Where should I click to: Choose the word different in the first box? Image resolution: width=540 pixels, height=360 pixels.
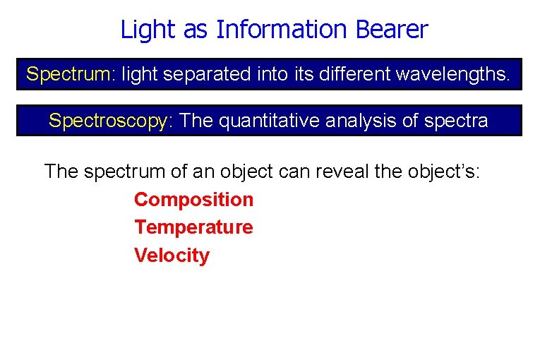click(x=354, y=74)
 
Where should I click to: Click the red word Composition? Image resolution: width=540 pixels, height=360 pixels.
click(x=193, y=200)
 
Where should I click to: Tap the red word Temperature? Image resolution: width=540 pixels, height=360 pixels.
click(x=193, y=227)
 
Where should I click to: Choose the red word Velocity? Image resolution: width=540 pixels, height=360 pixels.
click(x=172, y=255)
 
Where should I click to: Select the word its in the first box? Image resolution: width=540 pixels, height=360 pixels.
click(x=301, y=74)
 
